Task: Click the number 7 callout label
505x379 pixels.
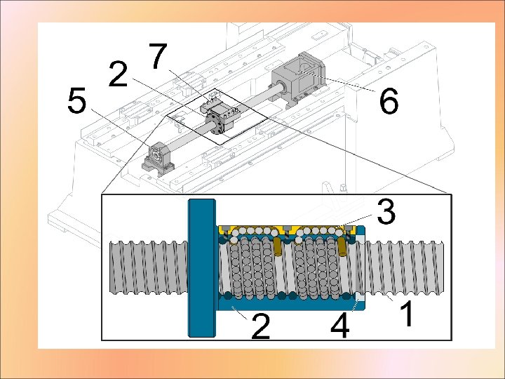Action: click(x=158, y=56)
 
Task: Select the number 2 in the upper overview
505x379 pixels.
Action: click(x=119, y=74)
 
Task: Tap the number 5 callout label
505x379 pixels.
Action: click(x=77, y=100)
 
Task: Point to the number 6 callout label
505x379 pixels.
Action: click(x=389, y=101)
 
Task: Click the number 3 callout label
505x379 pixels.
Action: click(x=386, y=211)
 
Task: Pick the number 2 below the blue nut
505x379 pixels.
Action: click(x=260, y=326)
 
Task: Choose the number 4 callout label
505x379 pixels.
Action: click(x=340, y=326)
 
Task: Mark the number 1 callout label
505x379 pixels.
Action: click(x=407, y=313)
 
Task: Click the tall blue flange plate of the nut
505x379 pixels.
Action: click(x=202, y=268)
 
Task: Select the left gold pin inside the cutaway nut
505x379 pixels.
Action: click(x=277, y=246)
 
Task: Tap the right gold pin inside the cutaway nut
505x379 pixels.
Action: click(x=342, y=248)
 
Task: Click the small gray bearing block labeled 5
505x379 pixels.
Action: click(x=158, y=158)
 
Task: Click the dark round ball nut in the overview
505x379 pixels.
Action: click(x=215, y=122)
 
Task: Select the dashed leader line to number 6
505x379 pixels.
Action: click(x=339, y=82)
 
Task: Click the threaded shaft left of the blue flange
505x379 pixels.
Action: click(x=149, y=267)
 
